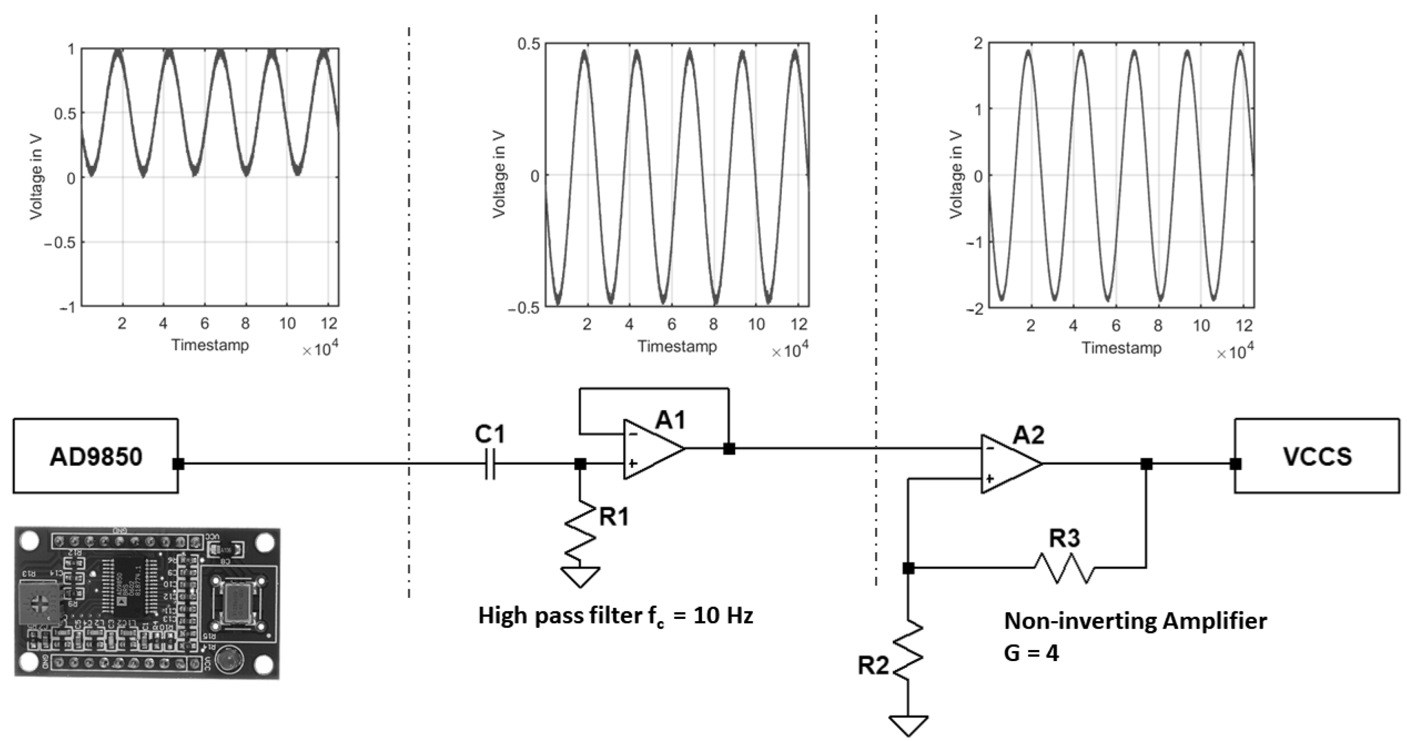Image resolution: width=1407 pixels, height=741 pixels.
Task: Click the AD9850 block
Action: (x=95, y=456)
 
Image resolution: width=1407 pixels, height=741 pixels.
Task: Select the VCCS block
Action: (x=1317, y=456)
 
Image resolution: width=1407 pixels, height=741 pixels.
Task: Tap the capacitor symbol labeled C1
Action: (x=490, y=464)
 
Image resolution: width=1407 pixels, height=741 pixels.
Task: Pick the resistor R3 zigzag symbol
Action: (x=1064, y=568)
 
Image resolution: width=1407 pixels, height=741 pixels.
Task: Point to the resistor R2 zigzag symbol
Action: (x=908, y=650)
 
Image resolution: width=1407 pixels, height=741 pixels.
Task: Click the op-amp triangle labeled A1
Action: (x=652, y=449)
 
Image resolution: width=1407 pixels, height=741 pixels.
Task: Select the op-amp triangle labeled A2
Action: (x=1009, y=464)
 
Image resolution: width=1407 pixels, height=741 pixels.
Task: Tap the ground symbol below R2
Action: (x=908, y=725)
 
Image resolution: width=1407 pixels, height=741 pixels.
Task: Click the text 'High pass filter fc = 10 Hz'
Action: (x=615, y=616)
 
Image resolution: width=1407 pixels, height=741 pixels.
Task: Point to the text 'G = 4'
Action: (x=1031, y=653)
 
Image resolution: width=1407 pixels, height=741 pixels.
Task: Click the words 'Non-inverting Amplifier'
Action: (x=1135, y=621)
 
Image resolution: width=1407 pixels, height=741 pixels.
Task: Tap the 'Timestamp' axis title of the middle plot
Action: (x=677, y=346)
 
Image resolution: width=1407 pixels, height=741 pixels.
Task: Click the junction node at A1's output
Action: (x=729, y=449)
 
